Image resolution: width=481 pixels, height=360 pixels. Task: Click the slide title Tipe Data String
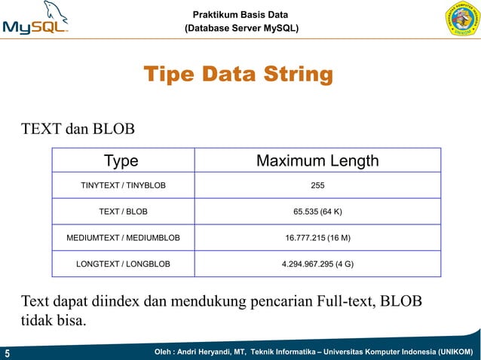coord(238,75)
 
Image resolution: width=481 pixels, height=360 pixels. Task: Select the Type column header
coord(121,161)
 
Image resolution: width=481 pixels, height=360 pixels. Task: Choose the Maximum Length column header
coord(317,161)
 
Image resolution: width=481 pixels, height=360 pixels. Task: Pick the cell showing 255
coord(318,185)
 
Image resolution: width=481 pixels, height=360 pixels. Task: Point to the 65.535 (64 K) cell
coord(318,211)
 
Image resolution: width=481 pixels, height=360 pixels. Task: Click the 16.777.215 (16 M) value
coord(318,238)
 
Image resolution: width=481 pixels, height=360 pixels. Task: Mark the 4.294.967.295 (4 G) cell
coord(318,264)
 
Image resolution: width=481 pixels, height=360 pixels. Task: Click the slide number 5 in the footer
coord(7,352)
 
